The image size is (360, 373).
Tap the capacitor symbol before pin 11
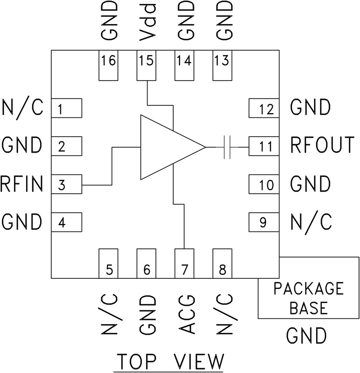[227, 146]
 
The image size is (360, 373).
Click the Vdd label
[147, 22]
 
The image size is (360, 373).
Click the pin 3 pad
[67, 184]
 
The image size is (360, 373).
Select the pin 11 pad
[263, 146]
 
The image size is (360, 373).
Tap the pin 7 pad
[184, 263]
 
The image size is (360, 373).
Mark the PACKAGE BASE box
[309, 298]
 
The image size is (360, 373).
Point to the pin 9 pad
[263, 222]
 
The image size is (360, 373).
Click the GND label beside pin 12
[310, 107]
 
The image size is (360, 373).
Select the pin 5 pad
[108, 263]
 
